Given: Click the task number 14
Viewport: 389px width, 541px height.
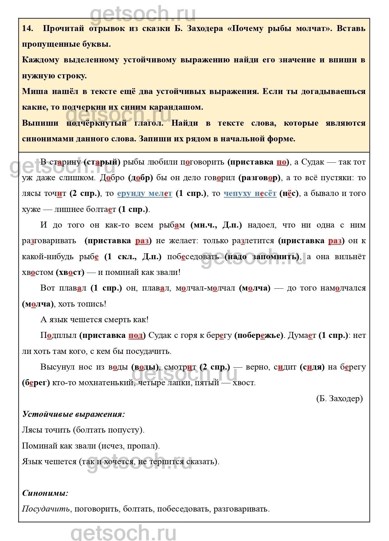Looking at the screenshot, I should tap(28, 28).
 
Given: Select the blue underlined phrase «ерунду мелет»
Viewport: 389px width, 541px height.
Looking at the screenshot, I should tap(145, 193).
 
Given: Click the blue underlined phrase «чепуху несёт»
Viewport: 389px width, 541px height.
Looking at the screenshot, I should tap(250, 193).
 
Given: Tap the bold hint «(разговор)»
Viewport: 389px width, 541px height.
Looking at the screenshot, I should tap(260, 178).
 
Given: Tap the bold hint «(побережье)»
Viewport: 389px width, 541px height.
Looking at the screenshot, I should tap(259, 335).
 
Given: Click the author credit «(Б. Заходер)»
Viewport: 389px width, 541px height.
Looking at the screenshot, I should tap(340, 398).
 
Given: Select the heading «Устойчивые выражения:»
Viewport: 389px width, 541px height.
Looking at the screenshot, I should tap(74, 414).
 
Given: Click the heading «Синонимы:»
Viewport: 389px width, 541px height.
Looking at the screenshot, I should tap(45, 493).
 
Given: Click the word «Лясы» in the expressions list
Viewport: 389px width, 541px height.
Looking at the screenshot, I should tap(32, 430).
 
